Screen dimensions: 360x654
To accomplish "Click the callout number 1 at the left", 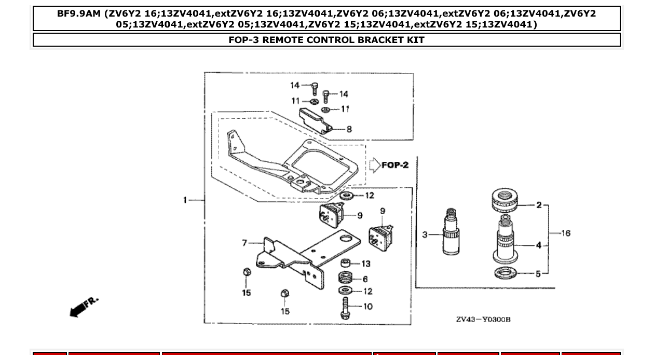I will [x=185, y=200].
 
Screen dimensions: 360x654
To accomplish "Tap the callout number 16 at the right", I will [x=565, y=233].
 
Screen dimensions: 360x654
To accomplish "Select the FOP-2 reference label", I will [x=395, y=165].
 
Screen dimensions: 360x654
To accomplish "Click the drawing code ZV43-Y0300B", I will [x=483, y=319].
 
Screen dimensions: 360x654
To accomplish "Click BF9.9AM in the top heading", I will [x=79, y=13].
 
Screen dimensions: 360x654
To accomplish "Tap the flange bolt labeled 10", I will [x=345, y=308].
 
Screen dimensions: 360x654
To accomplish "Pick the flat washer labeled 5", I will [x=506, y=273].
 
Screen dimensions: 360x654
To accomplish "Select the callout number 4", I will [x=538, y=245].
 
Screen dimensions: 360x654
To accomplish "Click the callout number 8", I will [x=349, y=129].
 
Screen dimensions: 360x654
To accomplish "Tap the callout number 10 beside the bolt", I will [x=367, y=307].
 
